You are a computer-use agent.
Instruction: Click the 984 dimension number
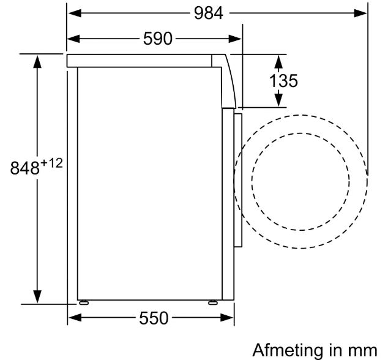pyautogui.click(x=208, y=13)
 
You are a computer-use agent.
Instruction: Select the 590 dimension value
pyautogui.click(x=158, y=39)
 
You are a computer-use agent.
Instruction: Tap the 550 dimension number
pyautogui.click(x=154, y=318)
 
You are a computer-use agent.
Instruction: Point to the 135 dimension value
pyautogui.click(x=283, y=81)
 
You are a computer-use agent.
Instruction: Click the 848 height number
pyautogui.click(x=24, y=168)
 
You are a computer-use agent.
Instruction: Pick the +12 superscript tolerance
pyautogui.click(x=51, y=163)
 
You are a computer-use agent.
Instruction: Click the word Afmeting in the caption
pyautogui.click(x=288, y=350)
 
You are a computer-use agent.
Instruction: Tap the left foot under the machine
pyautogui.click(x=84, y=302)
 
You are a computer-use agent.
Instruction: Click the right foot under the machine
pyautogui.click(x=213, y=302)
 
